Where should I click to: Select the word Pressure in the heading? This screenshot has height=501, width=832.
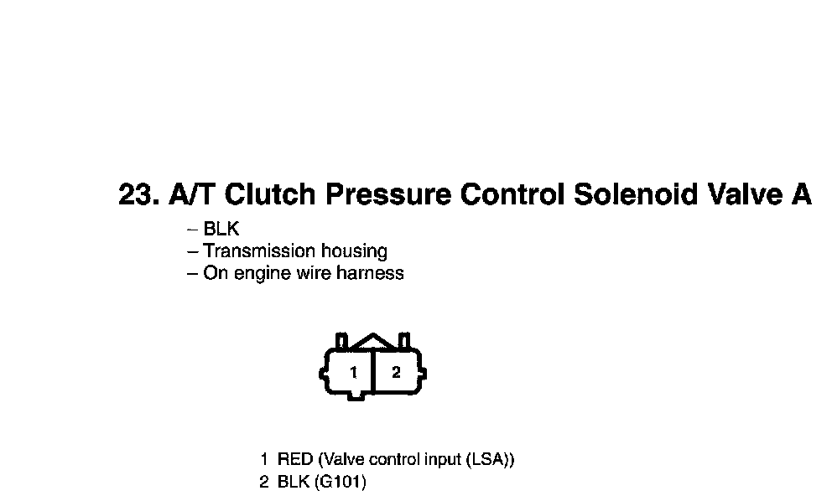tap(388, 195)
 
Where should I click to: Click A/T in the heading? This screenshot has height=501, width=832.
tap(192, 195)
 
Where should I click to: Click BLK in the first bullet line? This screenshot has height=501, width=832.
tap(221, 230)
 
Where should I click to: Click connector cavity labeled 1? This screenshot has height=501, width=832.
tap(354, 372)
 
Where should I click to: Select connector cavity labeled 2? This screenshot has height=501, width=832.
tap(396, 372)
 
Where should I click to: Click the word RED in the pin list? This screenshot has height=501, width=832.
tap(295, 460)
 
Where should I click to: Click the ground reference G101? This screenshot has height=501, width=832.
tap(341, 483)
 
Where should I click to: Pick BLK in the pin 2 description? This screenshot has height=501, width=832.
tap(294, 483)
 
